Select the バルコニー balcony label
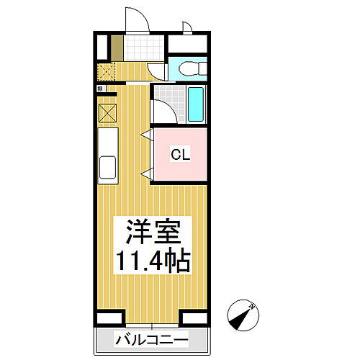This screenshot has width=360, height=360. pyautogui.click(x=150, y=339)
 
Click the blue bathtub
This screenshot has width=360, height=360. pyautogui.click(x=197, y=104)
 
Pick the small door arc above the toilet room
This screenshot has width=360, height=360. pyautogui.click(x=186, y=27)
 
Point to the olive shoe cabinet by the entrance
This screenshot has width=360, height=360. pyautogui.click(x=116, y=48)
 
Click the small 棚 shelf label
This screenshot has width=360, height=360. pyautogui.click(x=101, y=89)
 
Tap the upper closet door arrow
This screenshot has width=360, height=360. pyautogui.click(x=146, y=135)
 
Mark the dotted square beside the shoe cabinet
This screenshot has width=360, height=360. pyautogui.click(x=107, y=71)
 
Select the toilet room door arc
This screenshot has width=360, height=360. pyautogui.click(x=158, y=71)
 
